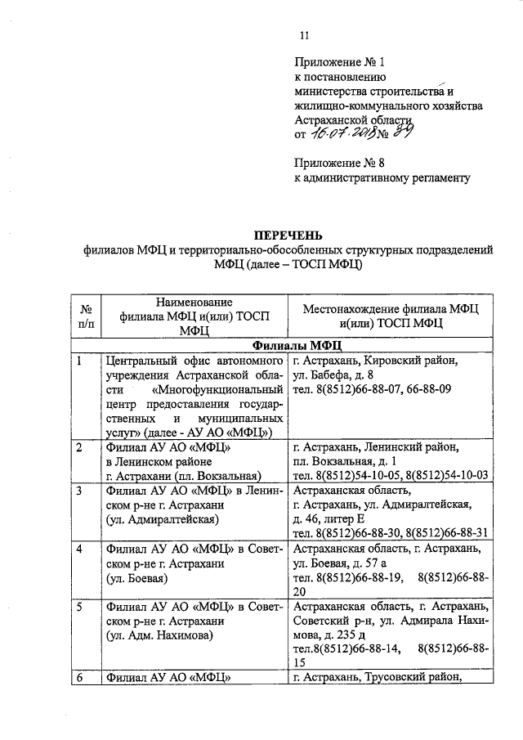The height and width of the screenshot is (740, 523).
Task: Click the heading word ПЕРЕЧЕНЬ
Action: coord(281,235)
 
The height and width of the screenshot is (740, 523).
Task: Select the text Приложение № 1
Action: coord(338,61)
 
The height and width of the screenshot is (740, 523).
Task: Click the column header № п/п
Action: coord(85,316)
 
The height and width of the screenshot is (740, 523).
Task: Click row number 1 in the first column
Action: coord(79,361)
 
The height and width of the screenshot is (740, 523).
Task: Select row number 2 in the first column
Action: coord(79,447)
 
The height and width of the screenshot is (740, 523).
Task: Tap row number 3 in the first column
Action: coord(79,491)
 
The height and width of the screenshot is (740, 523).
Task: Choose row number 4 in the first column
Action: coord(79,549)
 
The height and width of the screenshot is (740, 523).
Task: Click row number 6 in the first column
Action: coord(79,676)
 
